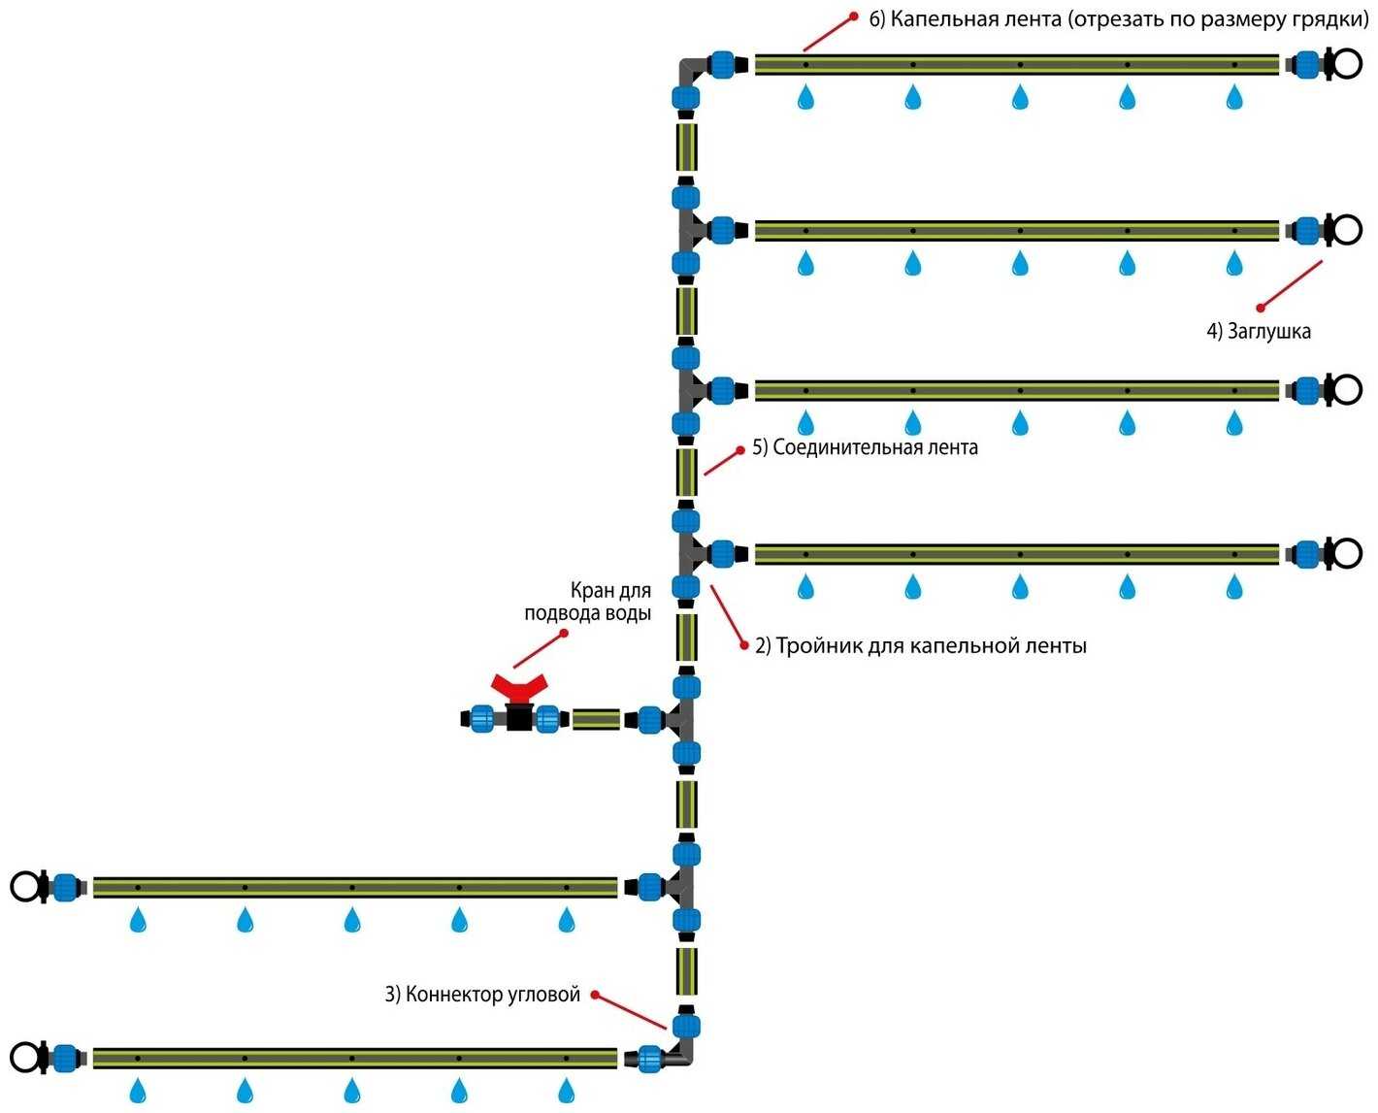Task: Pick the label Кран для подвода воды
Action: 588,602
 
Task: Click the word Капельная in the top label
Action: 936,19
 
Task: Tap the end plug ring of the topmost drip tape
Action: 1346,64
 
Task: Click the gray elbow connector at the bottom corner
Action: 685,1055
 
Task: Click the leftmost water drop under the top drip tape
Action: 805,97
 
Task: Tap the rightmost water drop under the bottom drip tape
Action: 567,1089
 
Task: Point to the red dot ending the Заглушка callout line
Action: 1260,309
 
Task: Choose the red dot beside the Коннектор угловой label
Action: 595,995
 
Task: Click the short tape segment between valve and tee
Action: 596,719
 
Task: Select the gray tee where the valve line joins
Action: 683,719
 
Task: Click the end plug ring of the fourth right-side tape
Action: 1346,554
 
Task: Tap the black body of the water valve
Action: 519,719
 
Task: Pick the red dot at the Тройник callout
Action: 744,644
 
